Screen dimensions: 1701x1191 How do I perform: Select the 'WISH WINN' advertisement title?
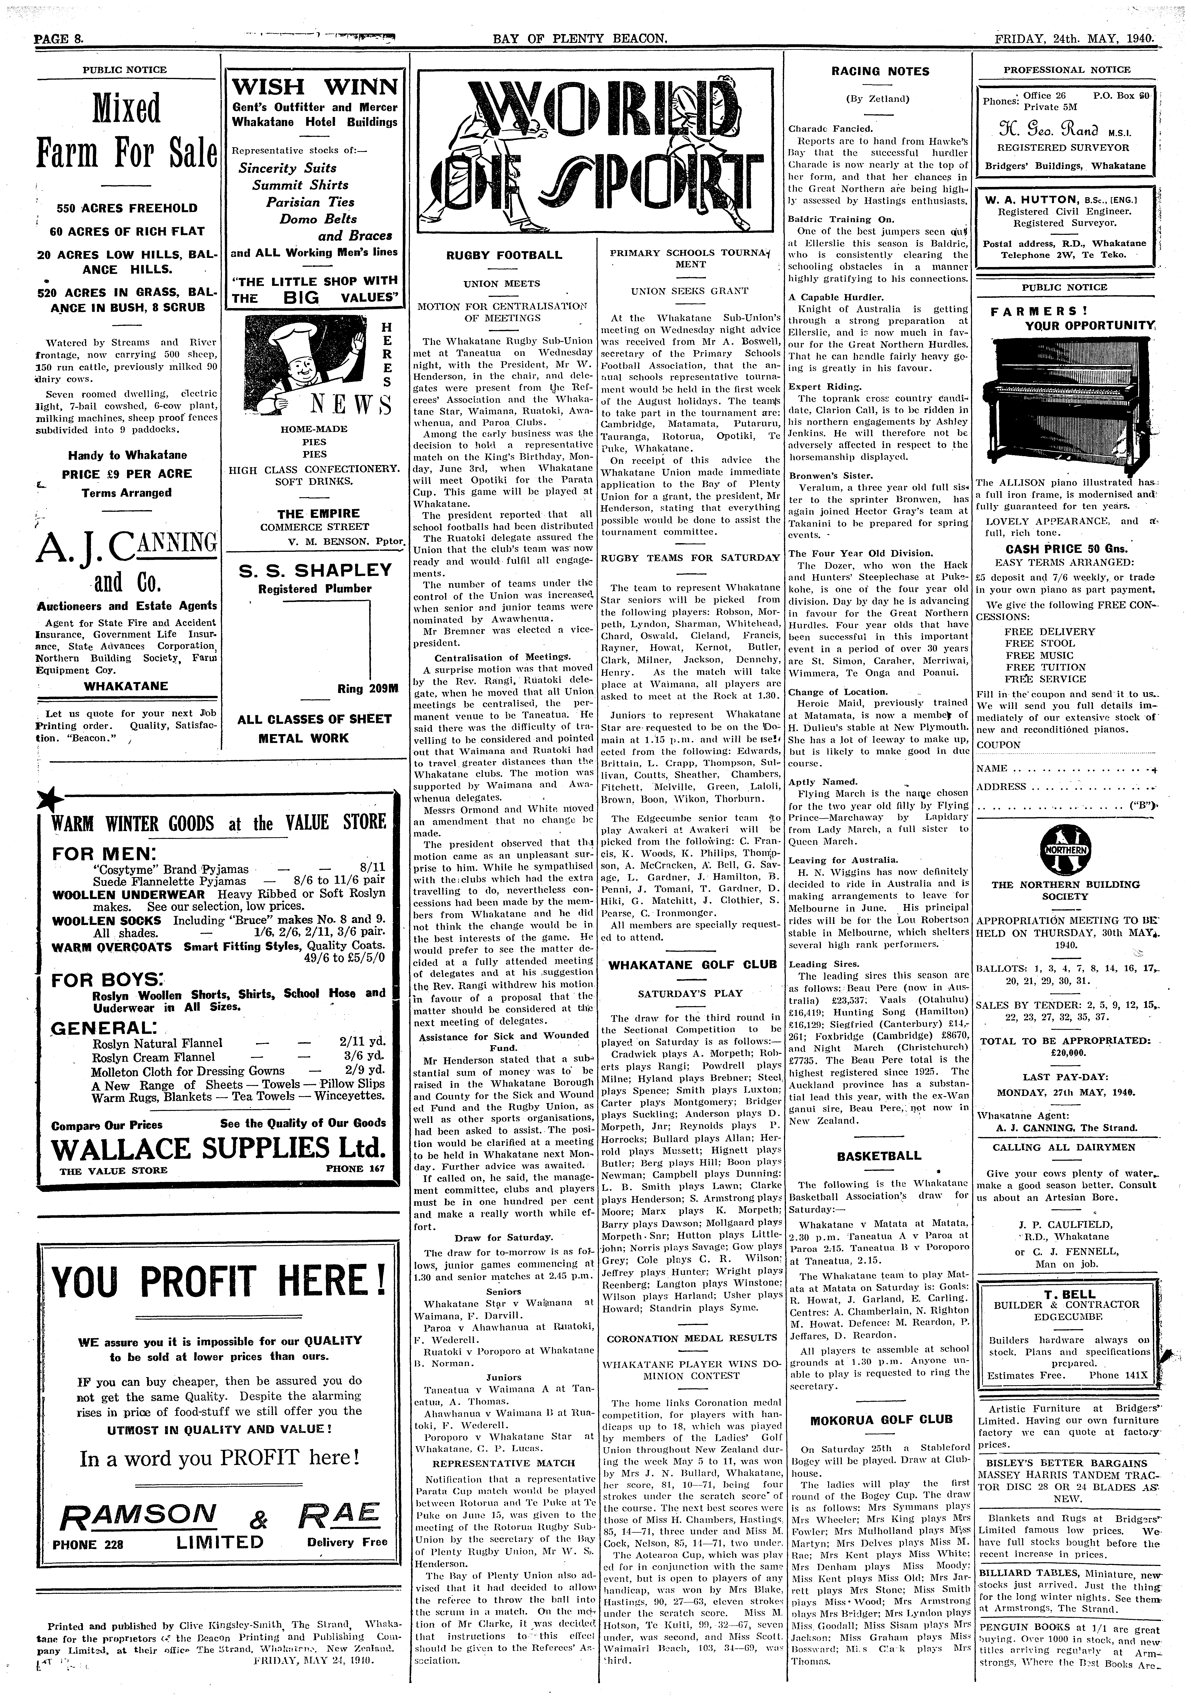coord(315,87)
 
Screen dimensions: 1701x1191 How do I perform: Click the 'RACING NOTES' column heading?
coord(880,71)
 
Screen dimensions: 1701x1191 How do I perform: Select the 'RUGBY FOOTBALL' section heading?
coord(504,255)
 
